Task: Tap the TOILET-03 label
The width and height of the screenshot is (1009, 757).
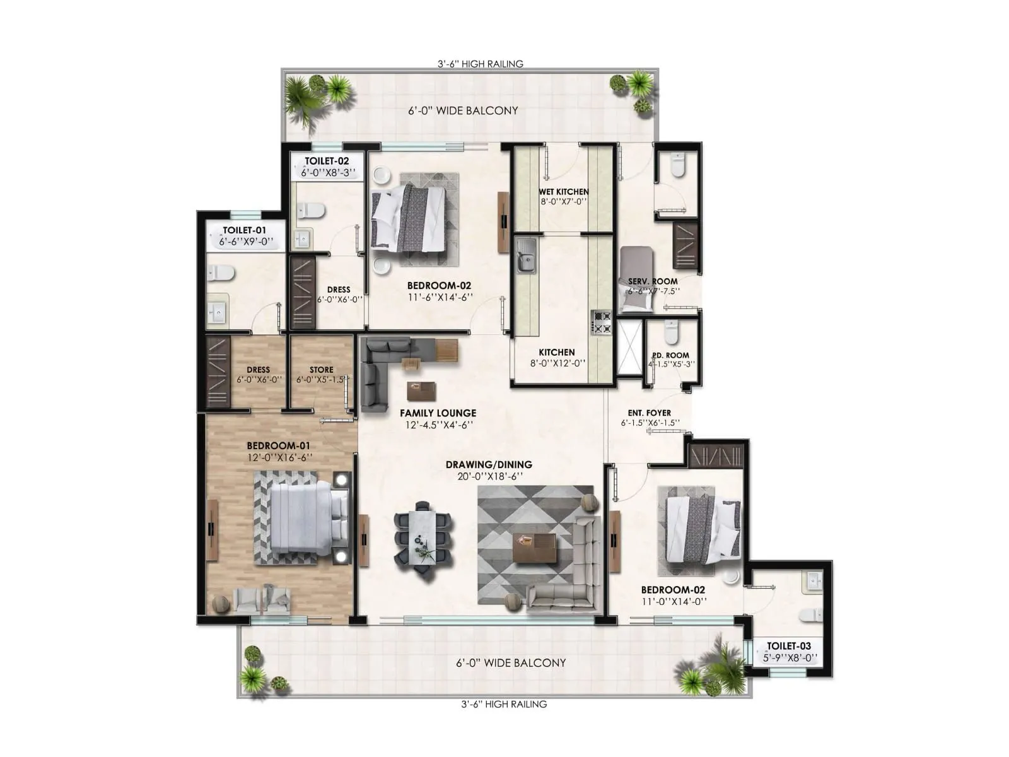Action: pos(788,646)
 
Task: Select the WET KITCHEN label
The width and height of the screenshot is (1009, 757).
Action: pos(563,192)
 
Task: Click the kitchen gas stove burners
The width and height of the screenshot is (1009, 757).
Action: pos(600,322)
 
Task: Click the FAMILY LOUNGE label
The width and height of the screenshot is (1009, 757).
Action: pos(438,413)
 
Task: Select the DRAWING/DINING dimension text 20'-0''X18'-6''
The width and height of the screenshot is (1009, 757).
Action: pos(488,476)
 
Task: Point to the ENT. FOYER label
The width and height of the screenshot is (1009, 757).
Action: pos(650,413)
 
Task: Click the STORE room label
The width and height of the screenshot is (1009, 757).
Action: pos(322,370)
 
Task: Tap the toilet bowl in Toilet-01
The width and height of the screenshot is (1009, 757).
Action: pos(221,273)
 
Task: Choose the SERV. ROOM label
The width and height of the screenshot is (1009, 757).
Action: pos(653,281)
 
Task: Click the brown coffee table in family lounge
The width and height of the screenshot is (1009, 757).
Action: pos(421,391)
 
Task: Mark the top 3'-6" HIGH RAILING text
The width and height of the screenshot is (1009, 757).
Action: pos(481,64)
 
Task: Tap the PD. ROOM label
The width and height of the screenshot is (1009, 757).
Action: pos(670,355)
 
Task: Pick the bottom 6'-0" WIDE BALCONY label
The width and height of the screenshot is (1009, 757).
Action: pos(511,663)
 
